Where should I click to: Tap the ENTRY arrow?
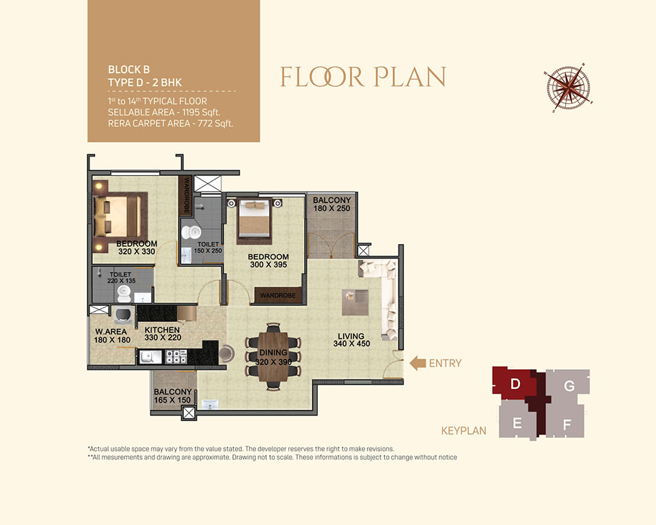point(418,363)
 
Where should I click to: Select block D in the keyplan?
point(514,383)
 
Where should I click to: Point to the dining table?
point(273,356)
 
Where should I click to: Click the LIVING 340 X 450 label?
point(351,340)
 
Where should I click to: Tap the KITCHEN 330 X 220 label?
point(163,334)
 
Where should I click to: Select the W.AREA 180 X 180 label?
point(111,336)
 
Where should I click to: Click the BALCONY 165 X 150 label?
point(172,396)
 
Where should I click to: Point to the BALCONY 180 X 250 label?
point(332,204)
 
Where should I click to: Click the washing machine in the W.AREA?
point(123,315)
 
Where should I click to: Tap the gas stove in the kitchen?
point(176,357)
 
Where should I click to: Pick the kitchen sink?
point(150,357)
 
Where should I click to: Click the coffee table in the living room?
point(355,302)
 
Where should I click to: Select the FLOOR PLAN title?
point(363,77)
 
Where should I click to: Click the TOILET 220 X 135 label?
point(122,278)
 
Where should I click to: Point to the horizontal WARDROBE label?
point(278,295)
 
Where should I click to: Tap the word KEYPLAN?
point(463,431)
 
